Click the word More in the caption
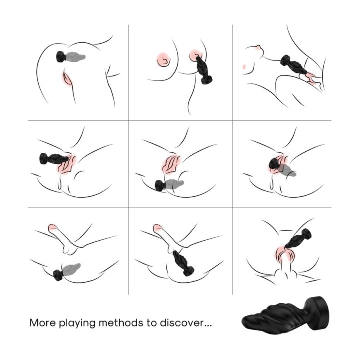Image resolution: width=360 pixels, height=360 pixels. tap(42, 323)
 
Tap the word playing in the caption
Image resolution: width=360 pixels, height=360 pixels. tap(77, 324)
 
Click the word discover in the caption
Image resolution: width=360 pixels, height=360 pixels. tap(182, 323)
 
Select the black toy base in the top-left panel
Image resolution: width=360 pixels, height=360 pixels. tap(61, 57)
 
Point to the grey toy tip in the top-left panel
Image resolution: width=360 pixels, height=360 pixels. tap(76, 56)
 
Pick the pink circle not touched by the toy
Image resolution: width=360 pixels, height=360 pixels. tap(164, 59)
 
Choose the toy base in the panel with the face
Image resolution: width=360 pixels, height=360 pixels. tap(285, 60)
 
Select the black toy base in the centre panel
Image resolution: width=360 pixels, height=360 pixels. tap(160, 185)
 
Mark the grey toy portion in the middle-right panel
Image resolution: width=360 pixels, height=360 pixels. tap(287, 171)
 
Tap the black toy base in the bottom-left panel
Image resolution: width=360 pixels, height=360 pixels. tap(58, 275)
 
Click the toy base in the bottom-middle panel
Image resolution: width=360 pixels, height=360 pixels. tap(188, 271)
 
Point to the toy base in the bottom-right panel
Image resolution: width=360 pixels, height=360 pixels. tap(306, 234)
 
